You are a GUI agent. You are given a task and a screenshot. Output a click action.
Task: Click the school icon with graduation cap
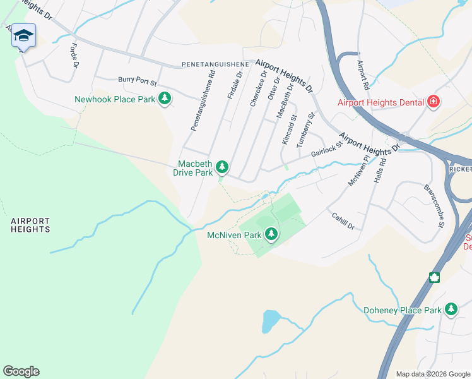point(23,36)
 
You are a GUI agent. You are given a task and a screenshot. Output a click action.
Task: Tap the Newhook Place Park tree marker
point(165,99)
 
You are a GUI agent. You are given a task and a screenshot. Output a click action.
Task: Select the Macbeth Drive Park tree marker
point(221,167)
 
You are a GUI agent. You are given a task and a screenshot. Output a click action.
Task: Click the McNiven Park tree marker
point(271,234)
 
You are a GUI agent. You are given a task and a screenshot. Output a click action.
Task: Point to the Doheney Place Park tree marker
point(451,310)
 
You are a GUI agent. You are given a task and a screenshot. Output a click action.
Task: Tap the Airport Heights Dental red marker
point(434,102)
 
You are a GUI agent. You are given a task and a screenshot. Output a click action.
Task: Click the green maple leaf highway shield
point(434,277)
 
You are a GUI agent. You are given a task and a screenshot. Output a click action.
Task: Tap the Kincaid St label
point(289,130)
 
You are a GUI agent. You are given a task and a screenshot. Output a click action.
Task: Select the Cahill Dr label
point(343,220)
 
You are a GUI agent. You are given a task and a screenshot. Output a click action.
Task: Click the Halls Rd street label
point(379,171)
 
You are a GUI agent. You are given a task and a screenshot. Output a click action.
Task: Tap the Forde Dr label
point(74,56)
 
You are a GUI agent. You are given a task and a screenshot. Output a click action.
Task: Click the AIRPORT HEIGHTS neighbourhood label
point(30,225)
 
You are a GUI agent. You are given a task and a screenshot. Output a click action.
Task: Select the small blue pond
point(270,321)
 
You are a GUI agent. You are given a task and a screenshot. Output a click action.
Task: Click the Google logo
point(21,371)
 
